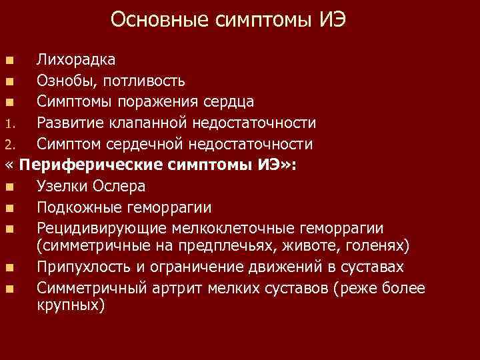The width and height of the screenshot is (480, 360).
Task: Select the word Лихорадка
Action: coord(75,60)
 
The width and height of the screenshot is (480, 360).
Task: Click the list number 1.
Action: coord(8,123)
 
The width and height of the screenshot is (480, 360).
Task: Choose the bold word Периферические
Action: coord(92,165)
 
